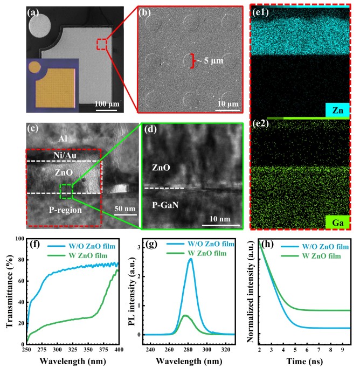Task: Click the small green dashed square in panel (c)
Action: click(66, 191)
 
